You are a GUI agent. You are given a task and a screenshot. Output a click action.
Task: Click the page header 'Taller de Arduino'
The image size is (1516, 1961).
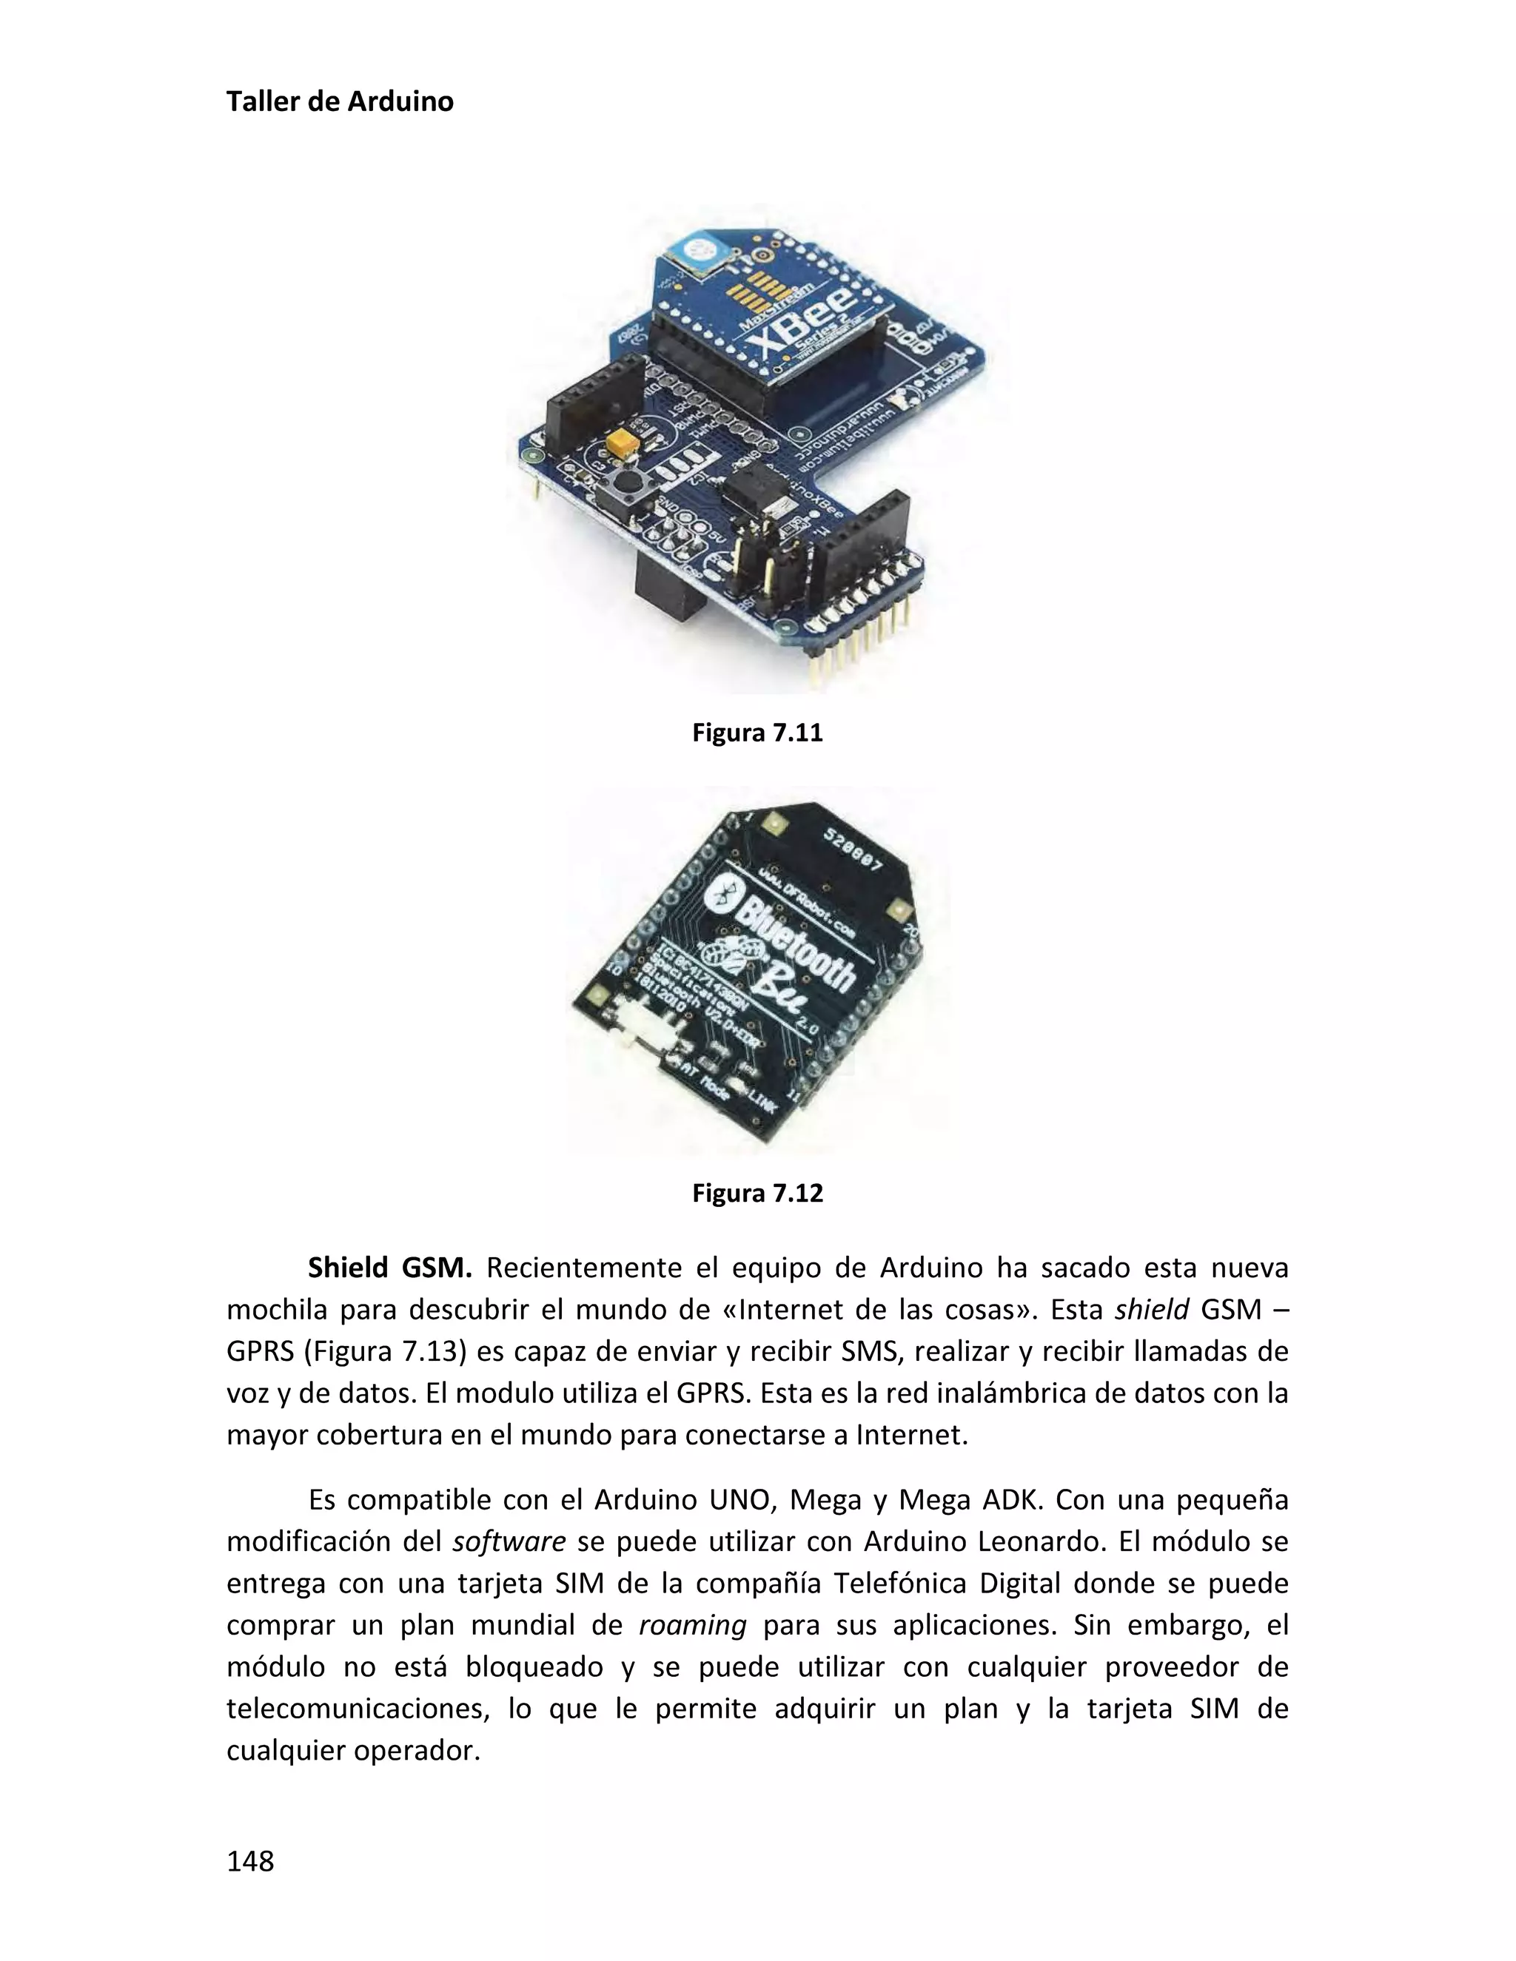tap(340, 101)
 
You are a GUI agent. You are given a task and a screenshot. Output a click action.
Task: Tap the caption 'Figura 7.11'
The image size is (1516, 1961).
tap(757, 733)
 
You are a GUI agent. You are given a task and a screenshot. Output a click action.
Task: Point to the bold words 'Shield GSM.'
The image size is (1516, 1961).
tap(389, 1268)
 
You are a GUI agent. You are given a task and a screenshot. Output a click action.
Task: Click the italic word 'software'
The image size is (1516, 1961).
tap(509, 1541)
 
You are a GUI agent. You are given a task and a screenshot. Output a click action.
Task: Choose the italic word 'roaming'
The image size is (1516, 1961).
tap(692, 1625)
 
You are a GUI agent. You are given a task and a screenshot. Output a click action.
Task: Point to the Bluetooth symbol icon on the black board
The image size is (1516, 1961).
tap(724, 895)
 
